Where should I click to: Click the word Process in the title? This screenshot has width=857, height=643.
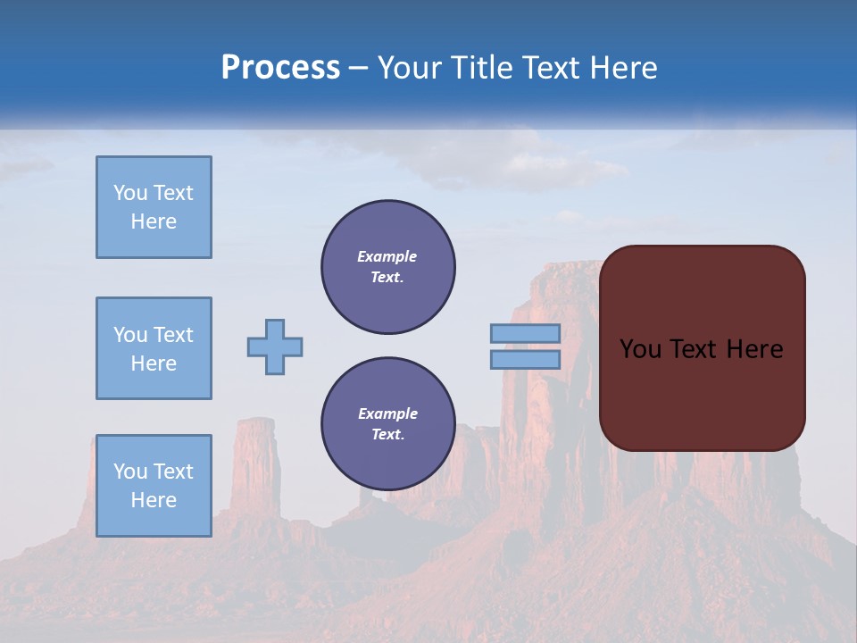(280, 68)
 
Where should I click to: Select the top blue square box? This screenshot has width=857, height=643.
(154, 207)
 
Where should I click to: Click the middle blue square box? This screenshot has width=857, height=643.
(154, 348)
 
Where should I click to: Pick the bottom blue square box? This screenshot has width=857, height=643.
(154, 486)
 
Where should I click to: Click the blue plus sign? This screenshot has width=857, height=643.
(275, 347)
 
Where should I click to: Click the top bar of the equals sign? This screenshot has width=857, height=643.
(525, 333)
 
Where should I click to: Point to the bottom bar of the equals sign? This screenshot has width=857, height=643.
(525, 359)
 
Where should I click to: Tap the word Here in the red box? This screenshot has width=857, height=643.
(754, 349)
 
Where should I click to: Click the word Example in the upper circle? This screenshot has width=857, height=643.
(387, 256)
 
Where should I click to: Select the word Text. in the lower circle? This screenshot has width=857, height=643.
(387, 435)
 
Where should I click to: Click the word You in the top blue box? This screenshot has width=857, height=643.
(130, 193)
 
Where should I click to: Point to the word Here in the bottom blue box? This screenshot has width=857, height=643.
(154, 500)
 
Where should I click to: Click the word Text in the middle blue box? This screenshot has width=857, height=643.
(172, 335)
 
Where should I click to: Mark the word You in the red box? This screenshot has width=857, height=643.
(639, 349)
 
